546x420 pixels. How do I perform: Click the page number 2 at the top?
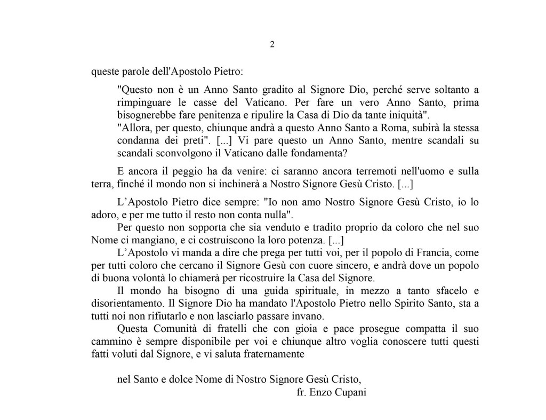click(x=272, y=45)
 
